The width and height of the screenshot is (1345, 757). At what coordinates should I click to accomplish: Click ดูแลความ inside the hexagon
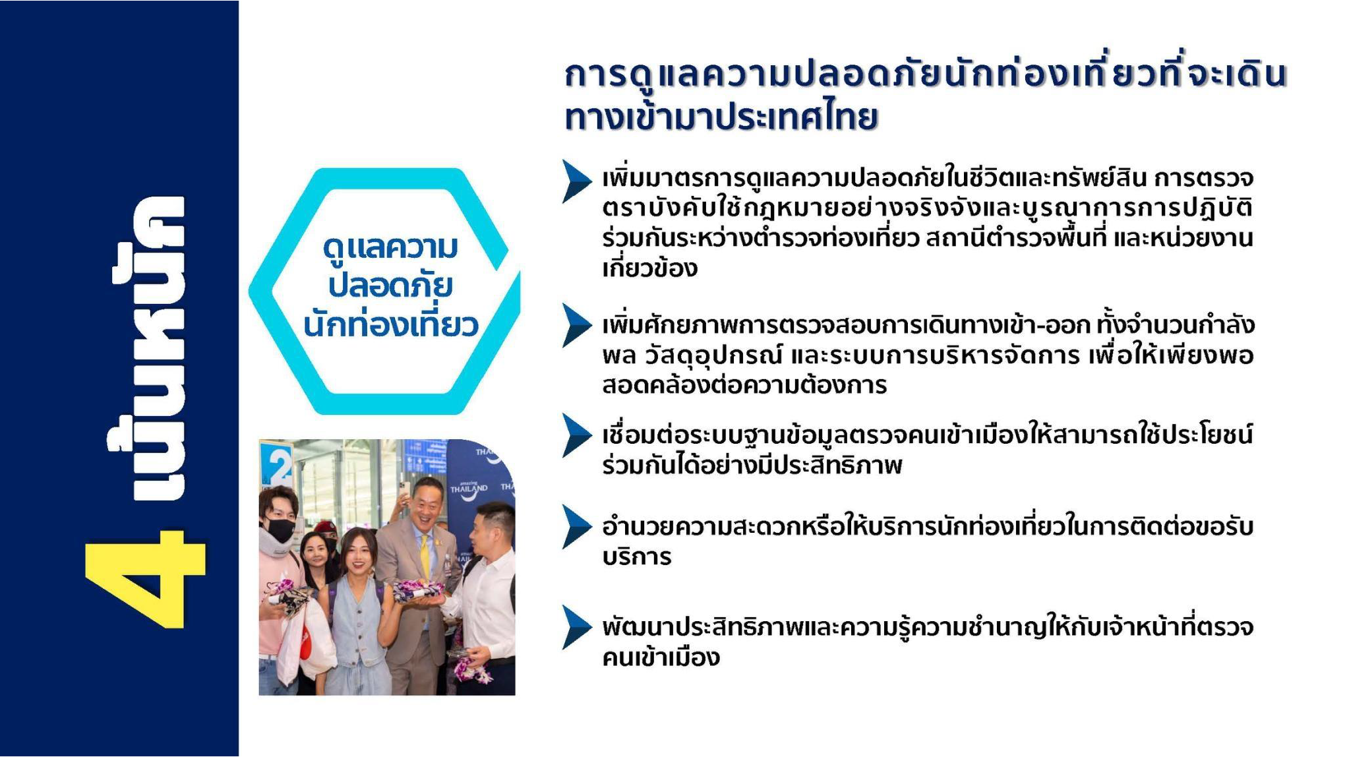(390, 249)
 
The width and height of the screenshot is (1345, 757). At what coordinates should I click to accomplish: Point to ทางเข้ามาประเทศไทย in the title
(721, 117)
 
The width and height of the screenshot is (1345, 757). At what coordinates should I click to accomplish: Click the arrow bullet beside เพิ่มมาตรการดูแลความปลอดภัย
(577, 181)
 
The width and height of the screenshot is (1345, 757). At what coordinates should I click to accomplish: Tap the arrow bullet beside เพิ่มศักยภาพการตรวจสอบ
(577, 325)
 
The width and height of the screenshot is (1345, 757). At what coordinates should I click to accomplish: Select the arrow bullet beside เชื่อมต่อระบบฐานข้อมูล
(577, 435)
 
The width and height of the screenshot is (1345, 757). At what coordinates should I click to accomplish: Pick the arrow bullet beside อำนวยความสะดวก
(577, 527)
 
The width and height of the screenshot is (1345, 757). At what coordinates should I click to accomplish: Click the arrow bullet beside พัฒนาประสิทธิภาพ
(577, 627)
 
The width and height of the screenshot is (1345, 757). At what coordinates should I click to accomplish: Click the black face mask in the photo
(282, 529)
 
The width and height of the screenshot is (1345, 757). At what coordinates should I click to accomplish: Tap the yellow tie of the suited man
(425, 560)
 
